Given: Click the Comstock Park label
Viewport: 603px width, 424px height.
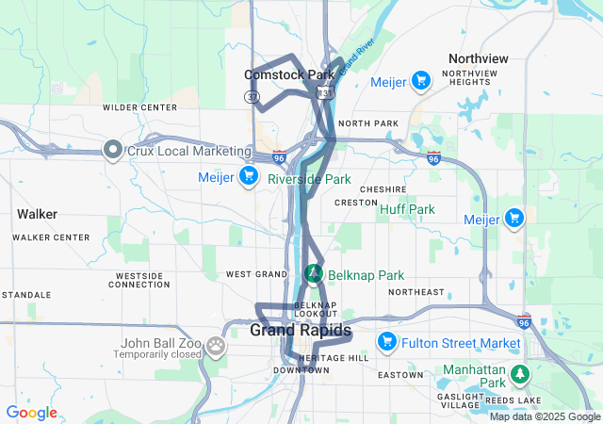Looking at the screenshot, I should [x=289, y=74].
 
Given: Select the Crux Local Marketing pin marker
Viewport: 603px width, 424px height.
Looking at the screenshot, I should [x=113, y=150].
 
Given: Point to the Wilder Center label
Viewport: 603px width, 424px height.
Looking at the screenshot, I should [x=140, y=107].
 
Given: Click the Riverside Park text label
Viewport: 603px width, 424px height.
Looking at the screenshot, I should [x=309, y=178].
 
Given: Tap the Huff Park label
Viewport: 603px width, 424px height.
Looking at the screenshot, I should [x=407, y=209].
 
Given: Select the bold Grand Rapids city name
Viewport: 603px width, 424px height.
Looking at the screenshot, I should [x=301, y=331].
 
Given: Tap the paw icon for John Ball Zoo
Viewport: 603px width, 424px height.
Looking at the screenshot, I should [x=218, y=345].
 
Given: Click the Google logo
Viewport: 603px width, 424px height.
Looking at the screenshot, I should [x=31, y=413].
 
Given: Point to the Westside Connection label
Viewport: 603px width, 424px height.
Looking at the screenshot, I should [x=139, y=280].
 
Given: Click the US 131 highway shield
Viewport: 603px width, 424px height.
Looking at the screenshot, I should [x=325, y=93].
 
